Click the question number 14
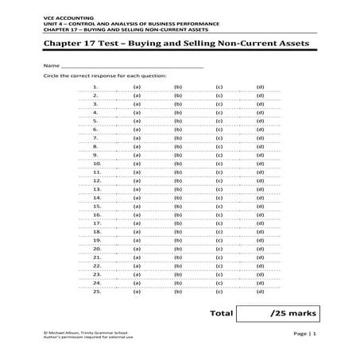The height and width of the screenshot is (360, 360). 96,197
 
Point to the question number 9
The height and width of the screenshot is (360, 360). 96,155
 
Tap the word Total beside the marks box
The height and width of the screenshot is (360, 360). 220,314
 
